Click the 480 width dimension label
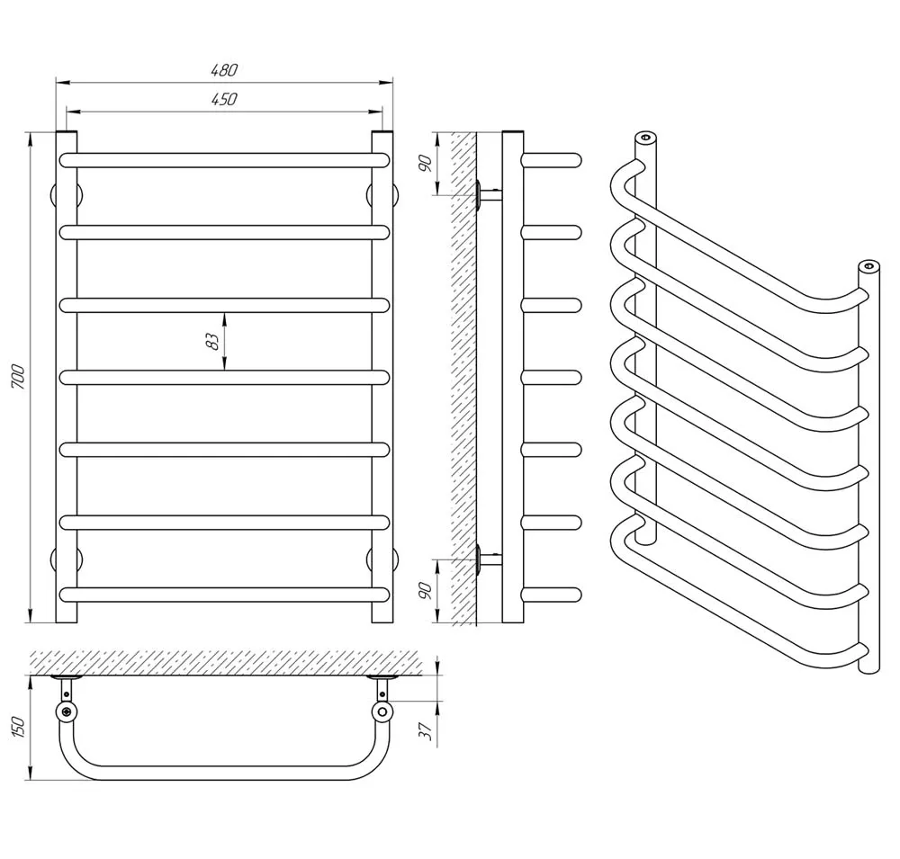224,70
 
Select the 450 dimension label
224,99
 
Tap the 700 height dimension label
18,377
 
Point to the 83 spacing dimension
212,341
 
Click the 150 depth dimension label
18,727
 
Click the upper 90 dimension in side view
426,164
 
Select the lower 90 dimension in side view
426,590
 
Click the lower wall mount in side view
488,559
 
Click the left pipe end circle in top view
67,712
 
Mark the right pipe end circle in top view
382,712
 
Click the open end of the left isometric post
645,138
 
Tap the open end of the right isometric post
868,265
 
